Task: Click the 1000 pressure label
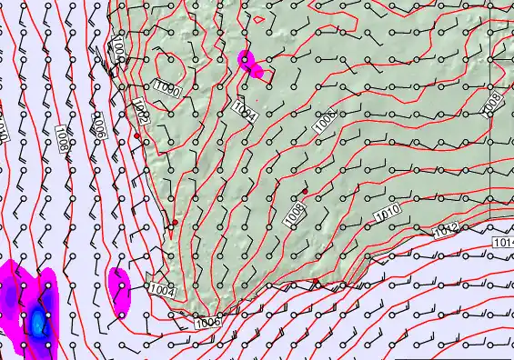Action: click(166, 88)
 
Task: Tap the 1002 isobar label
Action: click(141, 111)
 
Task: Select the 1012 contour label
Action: click(446, 231)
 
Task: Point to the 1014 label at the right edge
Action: click(504, 243)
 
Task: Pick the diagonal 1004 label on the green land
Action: click(244, 111)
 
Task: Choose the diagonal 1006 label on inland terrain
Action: click(325, 123)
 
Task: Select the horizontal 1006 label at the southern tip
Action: click(207, 321)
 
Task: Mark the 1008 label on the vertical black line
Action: click(492, 103)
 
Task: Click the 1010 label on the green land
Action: click(387, 215)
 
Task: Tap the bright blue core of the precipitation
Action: click(37, 321)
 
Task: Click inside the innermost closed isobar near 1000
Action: click(166, 67)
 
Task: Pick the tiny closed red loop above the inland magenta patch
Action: click(259, 18)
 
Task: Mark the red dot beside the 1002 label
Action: click(137, 135)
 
